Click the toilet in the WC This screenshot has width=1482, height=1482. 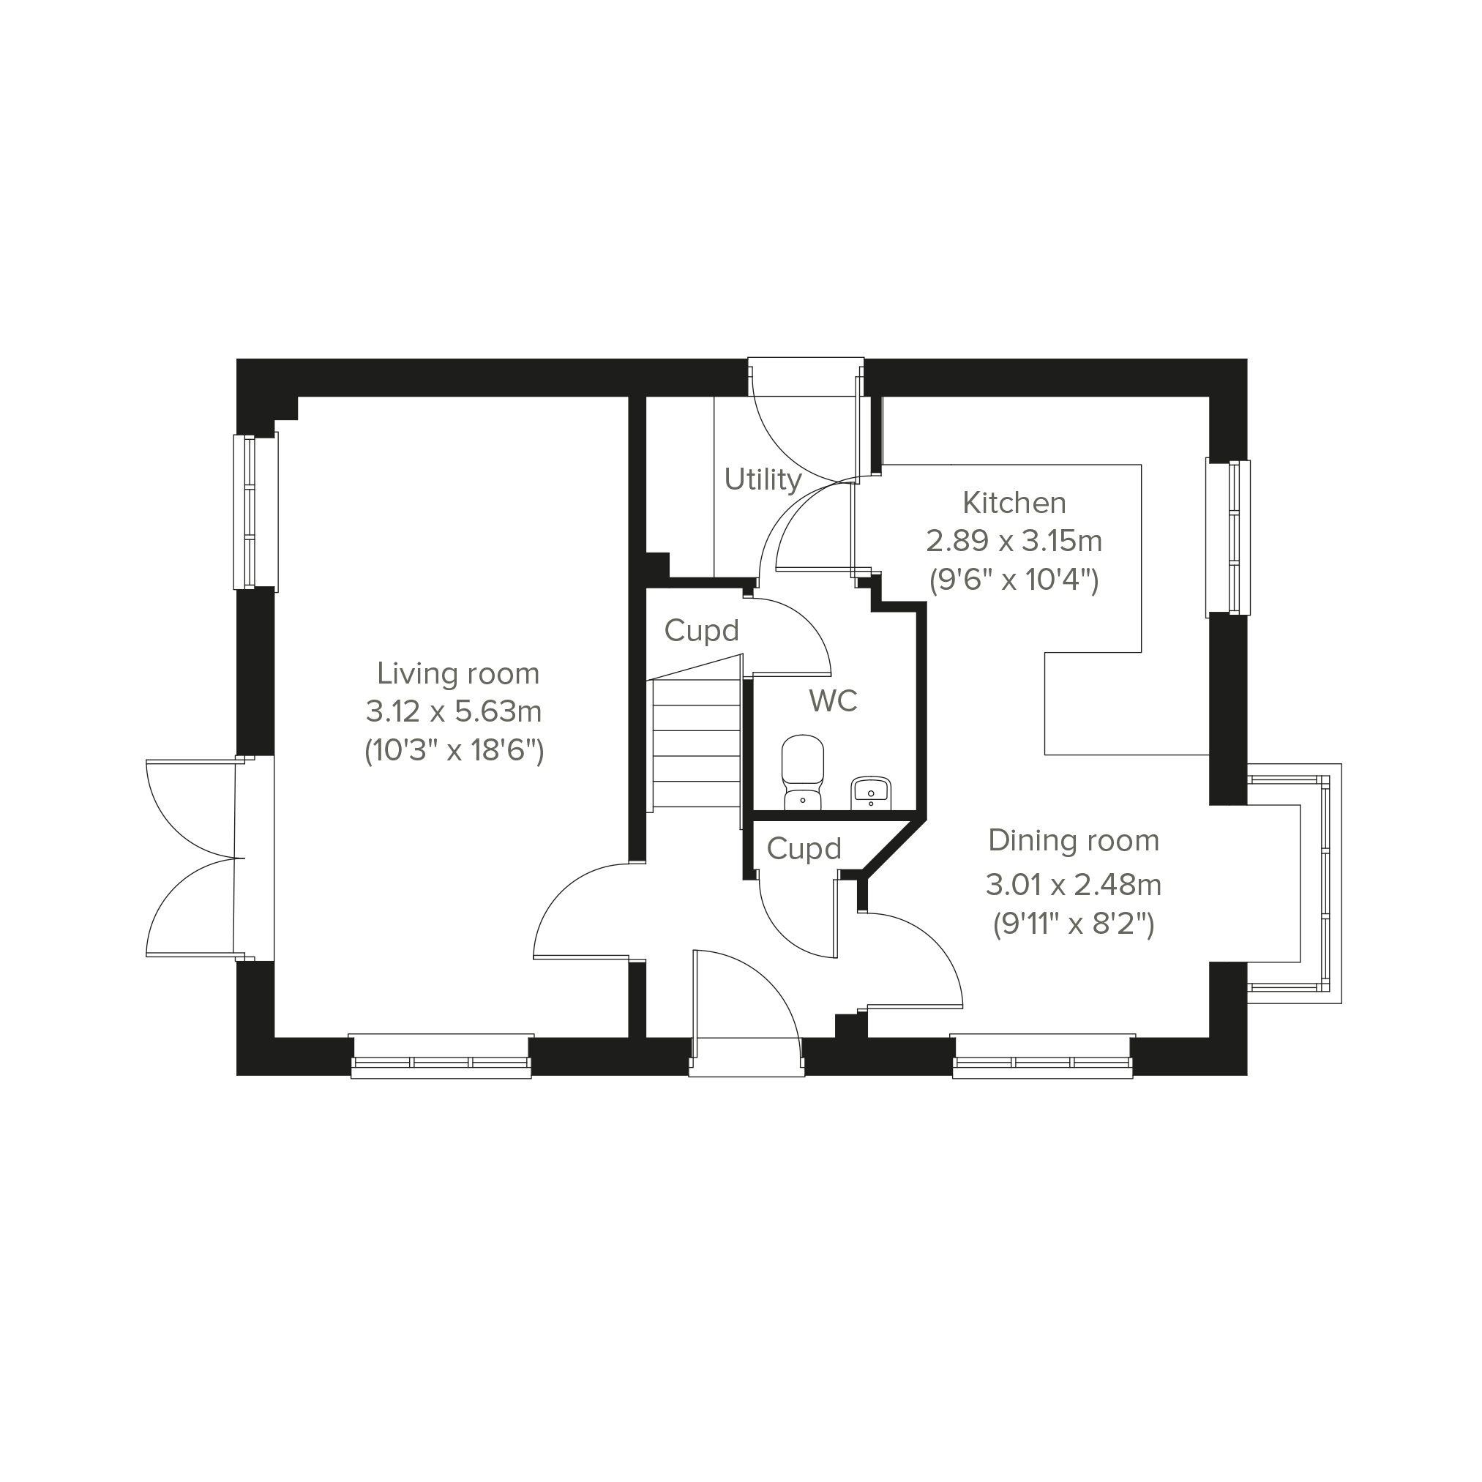point(802,771)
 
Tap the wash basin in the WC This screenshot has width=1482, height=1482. point(870,793)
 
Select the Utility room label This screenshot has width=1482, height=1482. point(763,479)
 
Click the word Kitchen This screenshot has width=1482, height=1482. point(1014,504)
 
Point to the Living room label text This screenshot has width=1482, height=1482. point(458,673)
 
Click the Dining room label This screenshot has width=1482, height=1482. point(1073,840)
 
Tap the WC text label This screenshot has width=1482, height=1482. point(833,700)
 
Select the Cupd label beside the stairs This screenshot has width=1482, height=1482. point(701,631)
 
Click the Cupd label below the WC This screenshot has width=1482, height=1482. point(804,848)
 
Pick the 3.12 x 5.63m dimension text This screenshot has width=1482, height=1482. point(453,712)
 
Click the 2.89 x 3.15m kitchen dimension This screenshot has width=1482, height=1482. point(1014,542)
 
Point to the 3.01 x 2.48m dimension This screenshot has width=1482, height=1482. point(1073,886)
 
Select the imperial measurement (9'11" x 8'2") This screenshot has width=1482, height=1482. point(1073,924)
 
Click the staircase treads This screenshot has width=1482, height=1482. point(696,744)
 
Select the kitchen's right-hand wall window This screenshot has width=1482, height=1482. point(1229,537)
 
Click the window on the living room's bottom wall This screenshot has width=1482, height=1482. point(441,1056)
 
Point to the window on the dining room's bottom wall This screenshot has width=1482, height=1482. point(1042,1056)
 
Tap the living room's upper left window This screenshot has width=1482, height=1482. point(255,512)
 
